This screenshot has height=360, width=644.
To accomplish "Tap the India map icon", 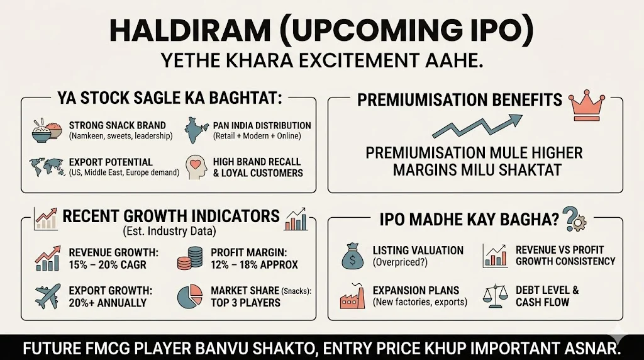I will coord(196,130).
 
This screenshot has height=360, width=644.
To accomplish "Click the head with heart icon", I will coord(194,167).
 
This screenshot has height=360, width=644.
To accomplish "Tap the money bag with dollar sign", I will coord(352,256).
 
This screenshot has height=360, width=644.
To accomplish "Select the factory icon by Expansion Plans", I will coord(352,296).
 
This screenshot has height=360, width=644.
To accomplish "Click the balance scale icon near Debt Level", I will coord(496,296).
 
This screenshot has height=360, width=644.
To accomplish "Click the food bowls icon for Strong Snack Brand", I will coord(47,130).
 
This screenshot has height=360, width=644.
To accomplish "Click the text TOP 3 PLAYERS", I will coord(246,302).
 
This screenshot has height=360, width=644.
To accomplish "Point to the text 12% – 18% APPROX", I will coord(255,264).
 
